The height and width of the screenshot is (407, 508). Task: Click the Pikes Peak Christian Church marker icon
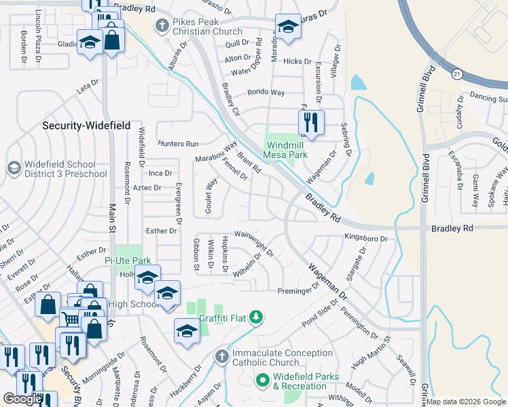(x=162, y=26)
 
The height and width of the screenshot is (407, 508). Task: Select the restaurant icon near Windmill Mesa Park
(x=311, y=123)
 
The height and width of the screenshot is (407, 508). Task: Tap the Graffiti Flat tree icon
(x=255, y=317)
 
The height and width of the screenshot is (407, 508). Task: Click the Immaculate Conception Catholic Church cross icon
(x=222, y=356)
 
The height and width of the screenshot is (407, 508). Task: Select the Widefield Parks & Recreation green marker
(x=263, y=381)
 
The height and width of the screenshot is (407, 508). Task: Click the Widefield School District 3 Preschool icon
(x=14, y=167)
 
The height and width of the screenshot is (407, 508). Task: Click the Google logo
(x=22, y=399)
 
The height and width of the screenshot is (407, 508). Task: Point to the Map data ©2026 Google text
(x=466, y=402)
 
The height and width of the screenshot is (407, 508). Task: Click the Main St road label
(x=110, y=220)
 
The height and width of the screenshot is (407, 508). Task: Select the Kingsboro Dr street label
(x=365, y=239)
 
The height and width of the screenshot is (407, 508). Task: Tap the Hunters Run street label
(x=178, y=144)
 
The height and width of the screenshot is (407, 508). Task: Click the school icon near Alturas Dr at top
(x=288, y=28)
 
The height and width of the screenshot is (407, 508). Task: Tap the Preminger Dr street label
(x=298, y=290)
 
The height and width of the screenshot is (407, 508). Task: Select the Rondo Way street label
(x=266, y=92)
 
